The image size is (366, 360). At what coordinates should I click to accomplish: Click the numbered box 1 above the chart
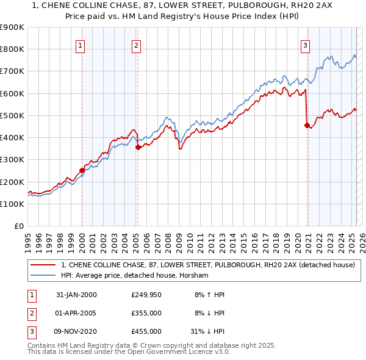tap(81, 45)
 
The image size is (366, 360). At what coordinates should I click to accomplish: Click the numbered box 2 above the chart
tap(136, 45)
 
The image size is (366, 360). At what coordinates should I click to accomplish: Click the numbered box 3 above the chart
tap(305, 45)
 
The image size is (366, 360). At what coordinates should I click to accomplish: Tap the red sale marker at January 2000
tap(82, 171)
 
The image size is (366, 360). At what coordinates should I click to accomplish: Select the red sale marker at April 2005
tap(138, 147)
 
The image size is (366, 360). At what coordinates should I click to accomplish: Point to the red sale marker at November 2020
tap(307, 125)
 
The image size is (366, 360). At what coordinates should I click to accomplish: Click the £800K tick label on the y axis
tap(12, 49)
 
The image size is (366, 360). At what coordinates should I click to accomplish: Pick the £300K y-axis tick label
tap(12, 160)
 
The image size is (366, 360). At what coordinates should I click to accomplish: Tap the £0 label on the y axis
tap(19, 226)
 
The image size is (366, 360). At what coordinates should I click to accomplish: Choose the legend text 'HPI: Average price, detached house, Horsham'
tap(135, 276)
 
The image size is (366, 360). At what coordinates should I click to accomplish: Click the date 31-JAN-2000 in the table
tap(76, 295)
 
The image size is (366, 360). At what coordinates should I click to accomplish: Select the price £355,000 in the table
tap(146, 313)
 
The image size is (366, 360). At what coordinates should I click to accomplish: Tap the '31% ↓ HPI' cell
tap(207, 331)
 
